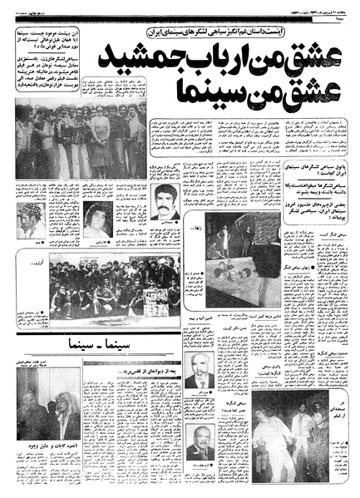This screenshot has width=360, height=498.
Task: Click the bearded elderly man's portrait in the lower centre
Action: point(199,370)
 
